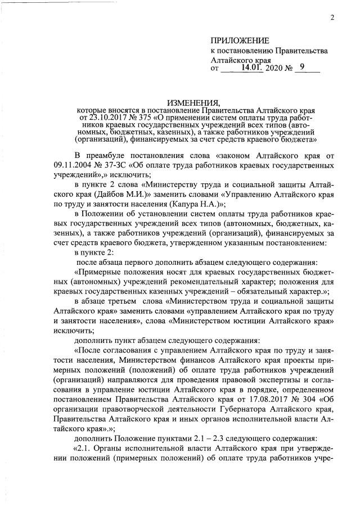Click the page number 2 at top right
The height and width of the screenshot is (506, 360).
coord(332,17)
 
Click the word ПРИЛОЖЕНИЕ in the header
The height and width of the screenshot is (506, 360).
coord(240,40)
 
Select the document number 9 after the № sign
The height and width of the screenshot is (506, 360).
coord(303,67)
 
